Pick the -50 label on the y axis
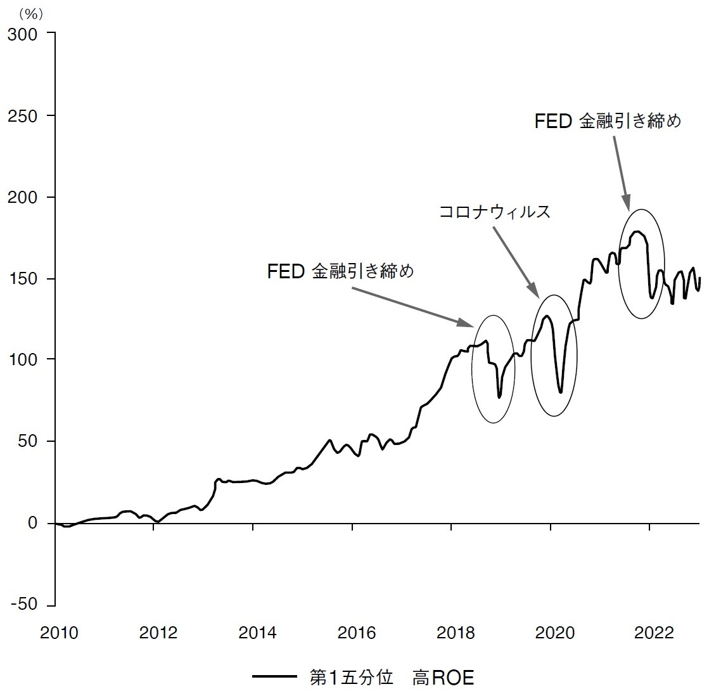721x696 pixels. (x=25, y=605)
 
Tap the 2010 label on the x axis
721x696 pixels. (x=58, y=633)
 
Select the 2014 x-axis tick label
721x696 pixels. (x=257, y=633)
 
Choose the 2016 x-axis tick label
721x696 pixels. (x=357, y=633)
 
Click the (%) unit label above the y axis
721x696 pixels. (x=30, y=13)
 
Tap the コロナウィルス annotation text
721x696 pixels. (x=495, y=212)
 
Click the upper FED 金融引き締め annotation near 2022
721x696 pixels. (x=608, y=121)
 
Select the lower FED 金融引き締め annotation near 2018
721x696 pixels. (x=340, y=271)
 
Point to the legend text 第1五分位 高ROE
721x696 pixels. (x=392, y=678)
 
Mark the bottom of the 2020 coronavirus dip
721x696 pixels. (x=561, y=392)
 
